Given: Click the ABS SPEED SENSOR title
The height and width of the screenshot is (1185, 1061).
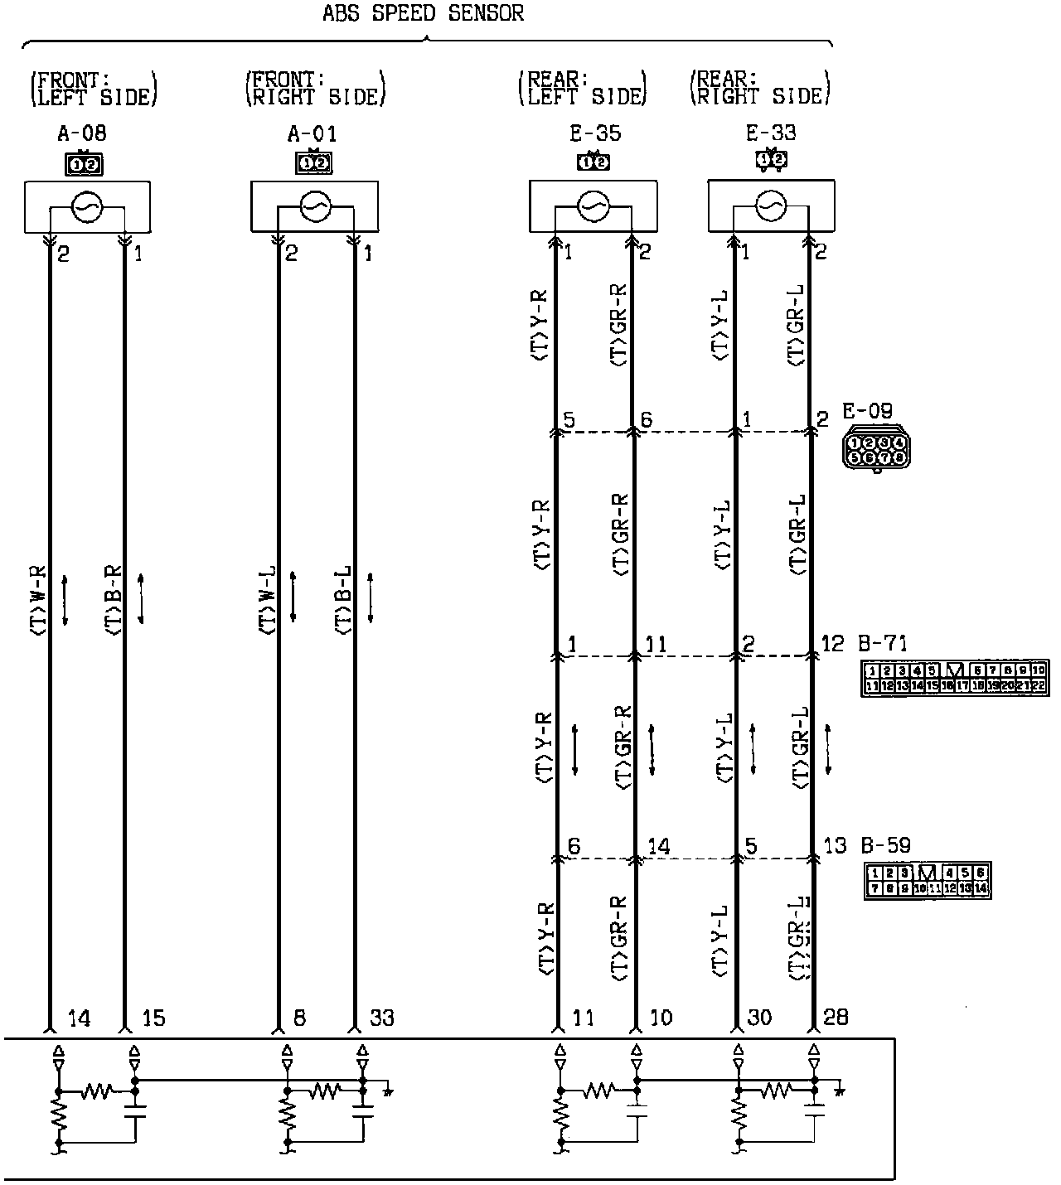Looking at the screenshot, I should pyautogui.click(x=424, y=13).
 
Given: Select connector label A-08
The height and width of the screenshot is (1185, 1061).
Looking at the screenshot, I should pyautogui.click(x=81, y=133).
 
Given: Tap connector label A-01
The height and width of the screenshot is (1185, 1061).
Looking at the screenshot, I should pyautogui.click(x=312, y=133).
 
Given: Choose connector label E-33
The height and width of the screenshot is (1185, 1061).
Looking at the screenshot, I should pyautogui.click(x=771, y=133).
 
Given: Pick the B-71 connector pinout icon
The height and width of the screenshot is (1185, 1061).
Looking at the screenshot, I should pyautogui.click(x=954, y=678).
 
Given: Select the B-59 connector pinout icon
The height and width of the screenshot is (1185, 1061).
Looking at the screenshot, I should pyautogui.click(x=927, y=881).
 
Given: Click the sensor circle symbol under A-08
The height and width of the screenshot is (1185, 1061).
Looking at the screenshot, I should pyautogui.click(x=87, y=207).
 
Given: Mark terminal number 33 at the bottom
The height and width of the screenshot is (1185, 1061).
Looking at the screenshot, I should pyautogui.click(x=381, y=1017).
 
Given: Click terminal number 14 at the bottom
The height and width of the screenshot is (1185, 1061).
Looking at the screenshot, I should pyautogui.click(x=78, y=1017).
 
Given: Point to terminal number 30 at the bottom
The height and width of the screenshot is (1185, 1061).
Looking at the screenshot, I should pyautogui.click(x=758, y=1017).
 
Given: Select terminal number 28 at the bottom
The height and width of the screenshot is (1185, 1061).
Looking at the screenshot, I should pyautogui.click(x=836, y=1017).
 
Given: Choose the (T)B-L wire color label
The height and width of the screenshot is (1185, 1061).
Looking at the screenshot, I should pyautogui.click(x=343, y=600).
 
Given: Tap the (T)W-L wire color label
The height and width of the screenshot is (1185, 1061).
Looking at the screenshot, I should pyautogui.click(x=267, y=600).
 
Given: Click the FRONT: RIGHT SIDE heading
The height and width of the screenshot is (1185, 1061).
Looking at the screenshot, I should pyautogui.click(x=315, y=89).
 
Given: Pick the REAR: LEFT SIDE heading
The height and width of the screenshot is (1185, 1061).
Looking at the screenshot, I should pyautogui.click(x=582, y=89).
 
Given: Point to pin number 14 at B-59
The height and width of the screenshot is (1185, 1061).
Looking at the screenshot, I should pyautogui.click(x=659, y=847).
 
